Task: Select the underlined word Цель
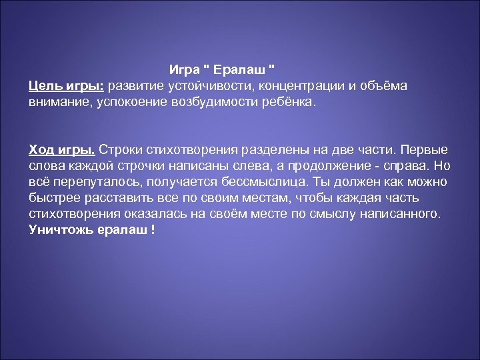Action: coord(45,85)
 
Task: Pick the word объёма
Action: coord(383,85)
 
